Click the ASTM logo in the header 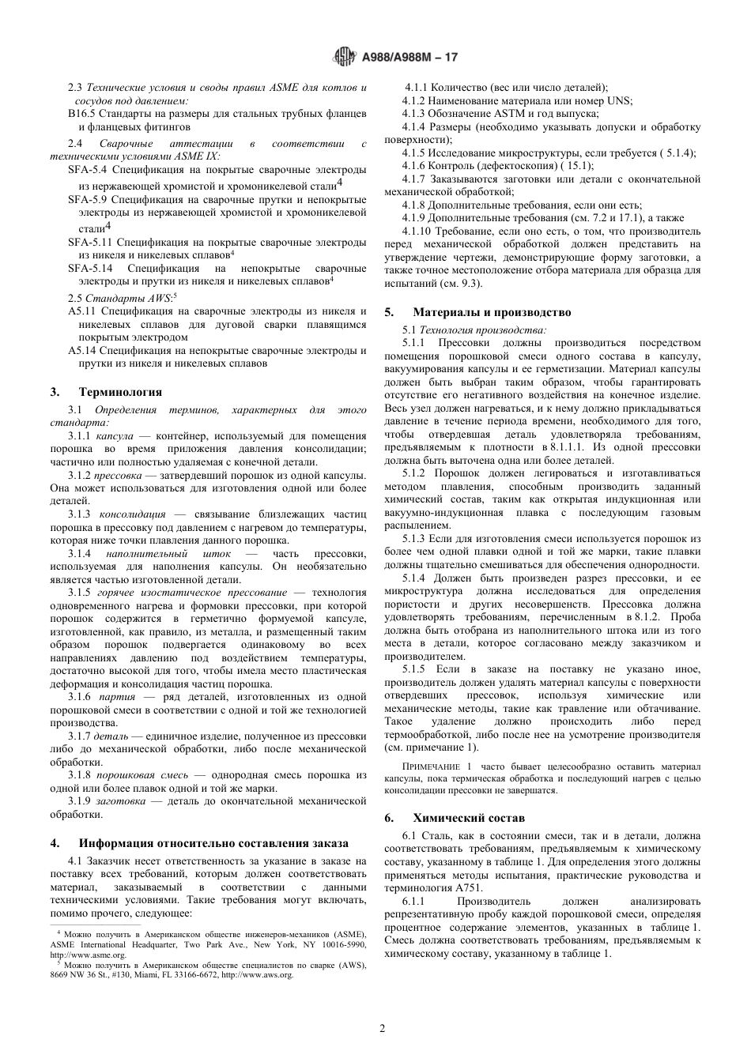click(345, 57)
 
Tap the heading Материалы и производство click(491, 312)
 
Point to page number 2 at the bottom click(382, 1028)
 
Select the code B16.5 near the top click(82, 114)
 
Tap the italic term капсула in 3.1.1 click(115, 436)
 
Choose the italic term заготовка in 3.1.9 click(120, 801)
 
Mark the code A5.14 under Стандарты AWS click(82, 351)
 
